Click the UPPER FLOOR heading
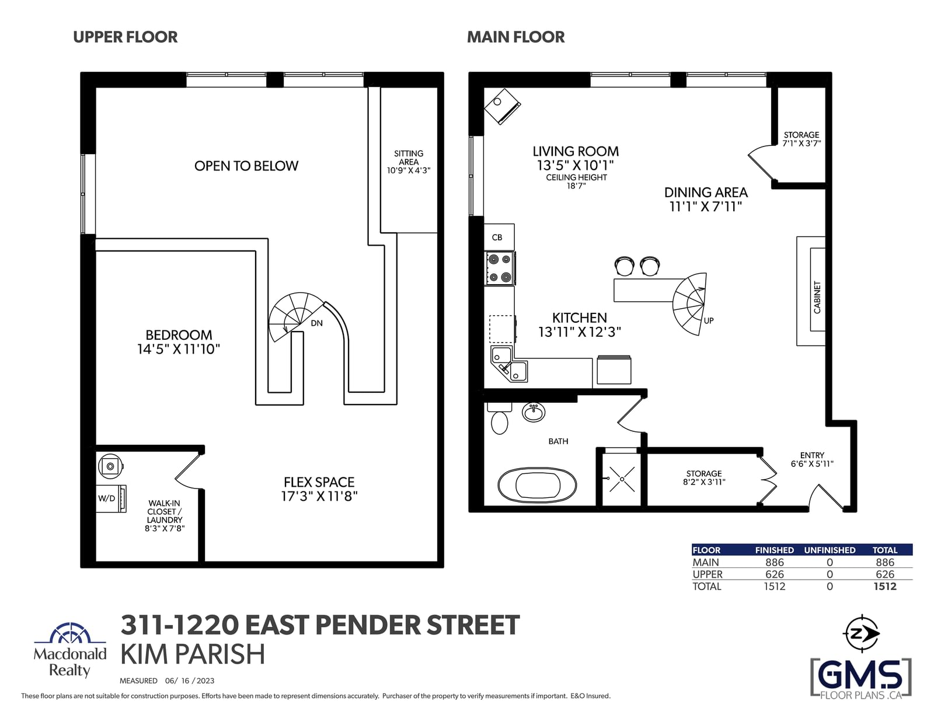[125, 37]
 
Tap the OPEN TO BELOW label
[246, 166]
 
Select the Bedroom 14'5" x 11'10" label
[179, 342]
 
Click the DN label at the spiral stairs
[317, 323]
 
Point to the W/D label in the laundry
[107, 498]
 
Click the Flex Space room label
[319, 489]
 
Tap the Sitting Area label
[408, 162]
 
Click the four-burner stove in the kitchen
[500, 268]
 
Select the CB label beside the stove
[497, 238]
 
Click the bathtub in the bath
[537, 485]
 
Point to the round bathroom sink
[534, 412]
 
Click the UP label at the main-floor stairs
[709, 320]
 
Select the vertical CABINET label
[817, 298]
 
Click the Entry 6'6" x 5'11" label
[812, 459]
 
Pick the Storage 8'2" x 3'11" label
[704, 478]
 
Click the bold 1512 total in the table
[885, 587]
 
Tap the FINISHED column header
[775, 550]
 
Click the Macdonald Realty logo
[70, 650]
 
